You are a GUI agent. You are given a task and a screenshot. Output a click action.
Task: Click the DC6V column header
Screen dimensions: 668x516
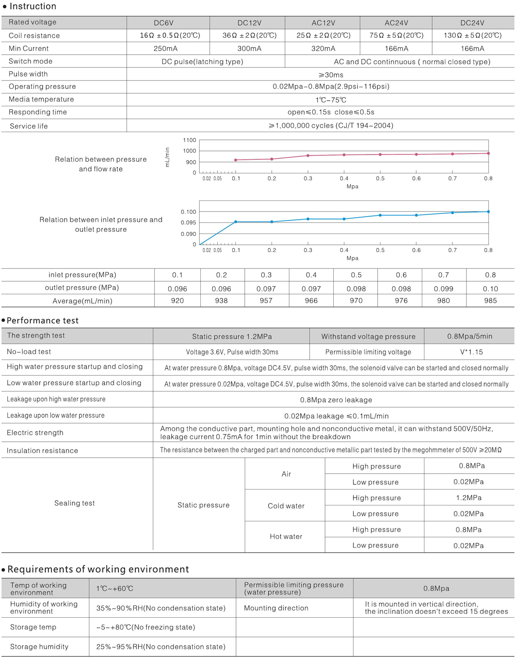(x=163, y=23)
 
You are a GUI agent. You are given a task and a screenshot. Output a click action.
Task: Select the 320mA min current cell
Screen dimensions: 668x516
(x=323, y=49)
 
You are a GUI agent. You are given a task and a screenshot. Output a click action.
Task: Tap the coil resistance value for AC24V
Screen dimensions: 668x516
(x=396, y=35)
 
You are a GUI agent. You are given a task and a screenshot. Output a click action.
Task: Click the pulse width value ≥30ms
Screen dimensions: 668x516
(x=331, y=75)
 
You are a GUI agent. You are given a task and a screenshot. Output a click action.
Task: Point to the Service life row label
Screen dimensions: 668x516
(x=29, y=126)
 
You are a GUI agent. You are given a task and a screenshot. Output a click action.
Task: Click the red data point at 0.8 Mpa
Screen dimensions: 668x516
(x=488, y=153)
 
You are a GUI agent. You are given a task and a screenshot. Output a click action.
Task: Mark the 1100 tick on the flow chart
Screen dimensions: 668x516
(x=189, y=140)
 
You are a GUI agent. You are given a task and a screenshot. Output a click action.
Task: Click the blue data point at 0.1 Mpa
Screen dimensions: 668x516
(x=236, y=222)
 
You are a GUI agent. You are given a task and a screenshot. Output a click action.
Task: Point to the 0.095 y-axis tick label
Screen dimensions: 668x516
(x=188, y=223)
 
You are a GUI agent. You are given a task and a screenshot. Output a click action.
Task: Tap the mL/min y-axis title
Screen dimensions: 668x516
(x=167, y=157)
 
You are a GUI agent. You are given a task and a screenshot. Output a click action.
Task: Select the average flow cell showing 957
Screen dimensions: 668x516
(x=266, y=301)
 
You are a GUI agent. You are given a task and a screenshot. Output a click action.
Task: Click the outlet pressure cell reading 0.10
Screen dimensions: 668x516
(x=490, y=289)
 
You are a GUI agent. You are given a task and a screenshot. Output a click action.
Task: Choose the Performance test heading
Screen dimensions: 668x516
(x=43, y=320)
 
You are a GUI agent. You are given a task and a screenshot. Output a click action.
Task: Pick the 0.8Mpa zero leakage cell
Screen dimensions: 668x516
(x=336, y=400)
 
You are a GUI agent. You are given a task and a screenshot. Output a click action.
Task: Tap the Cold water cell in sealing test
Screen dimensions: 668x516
(x=286, y=506)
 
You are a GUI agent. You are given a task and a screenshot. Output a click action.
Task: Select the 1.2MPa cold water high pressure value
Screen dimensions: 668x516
(x=469, y=498)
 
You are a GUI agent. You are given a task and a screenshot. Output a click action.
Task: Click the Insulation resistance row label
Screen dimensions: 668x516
(x=42, y=451)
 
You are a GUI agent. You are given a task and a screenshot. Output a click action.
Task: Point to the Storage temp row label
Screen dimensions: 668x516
(x=33, y=627)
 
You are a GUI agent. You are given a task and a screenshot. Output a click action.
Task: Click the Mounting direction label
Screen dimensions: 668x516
(x=276, y=608)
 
